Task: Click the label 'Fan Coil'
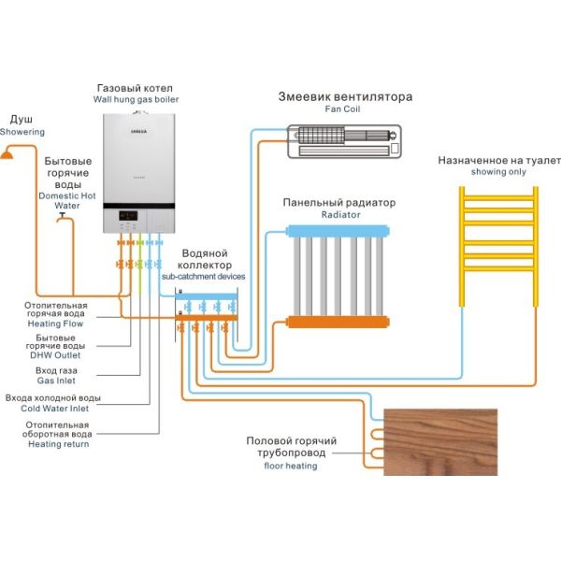(x=343, y=109)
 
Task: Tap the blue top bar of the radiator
(x=337, y=229)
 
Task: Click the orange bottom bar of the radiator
(x=337, y=322)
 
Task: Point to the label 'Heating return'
(x=58, y=444)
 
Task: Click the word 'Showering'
(x=22, y=132)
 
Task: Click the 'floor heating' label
(x=291, y=466)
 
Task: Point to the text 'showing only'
(x=498, y=172)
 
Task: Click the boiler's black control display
(x=129, y=216)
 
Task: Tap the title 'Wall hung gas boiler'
(x=137, y=98)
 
